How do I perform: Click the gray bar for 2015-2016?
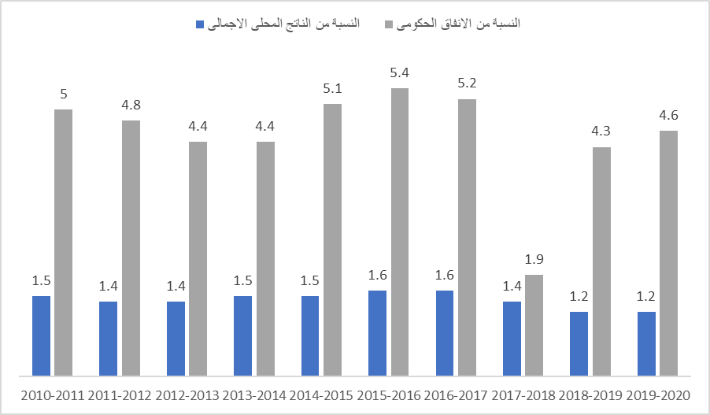point(400,232)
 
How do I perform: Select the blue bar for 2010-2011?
point(41,335)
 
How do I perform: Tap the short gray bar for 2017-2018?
point(534,324)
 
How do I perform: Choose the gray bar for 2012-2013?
point(198,258)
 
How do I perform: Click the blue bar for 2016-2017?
point(445,332)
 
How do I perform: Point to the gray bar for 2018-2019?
point(602,261)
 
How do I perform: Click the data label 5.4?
point(400,72)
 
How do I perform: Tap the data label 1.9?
point(534,259)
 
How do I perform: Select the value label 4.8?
point(131,105)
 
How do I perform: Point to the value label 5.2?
point(468,83)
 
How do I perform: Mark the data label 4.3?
point(602,132)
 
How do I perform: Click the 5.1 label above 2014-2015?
point(333,88)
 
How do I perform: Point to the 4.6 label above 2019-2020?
point(669,115)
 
